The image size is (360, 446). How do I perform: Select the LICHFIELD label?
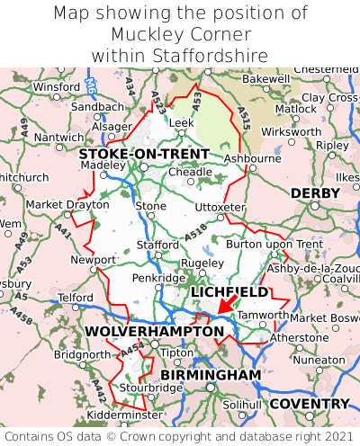tap(229, 292)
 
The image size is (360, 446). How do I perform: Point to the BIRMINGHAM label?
tap(211, 374)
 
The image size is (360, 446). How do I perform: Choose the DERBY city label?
tap(315, 193)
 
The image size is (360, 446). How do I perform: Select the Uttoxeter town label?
tap(220, 207)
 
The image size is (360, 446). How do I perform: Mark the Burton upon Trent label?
tap(274, 244)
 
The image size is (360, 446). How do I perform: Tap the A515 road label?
tap(244, 113)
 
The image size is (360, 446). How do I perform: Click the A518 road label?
tap(195, 232)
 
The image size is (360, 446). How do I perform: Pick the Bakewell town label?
tap(266, 79)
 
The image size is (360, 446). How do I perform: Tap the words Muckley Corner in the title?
tap(180, 34)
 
